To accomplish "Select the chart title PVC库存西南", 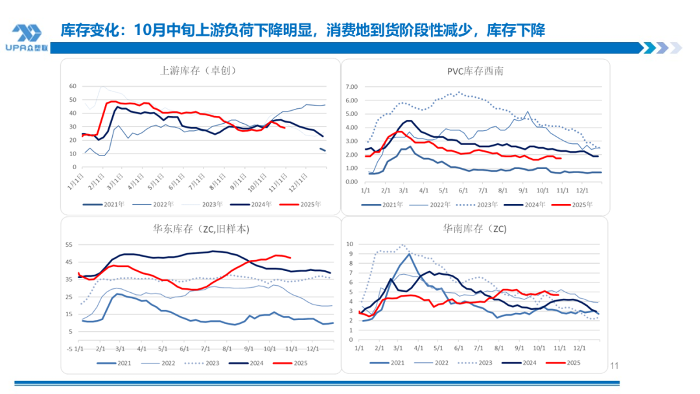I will click(474, 71).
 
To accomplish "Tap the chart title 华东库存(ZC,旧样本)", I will click(200, 229).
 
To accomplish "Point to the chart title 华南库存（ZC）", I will click(474, 228).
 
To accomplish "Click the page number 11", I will click(614, 367).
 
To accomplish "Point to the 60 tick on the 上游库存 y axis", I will click(73, 86).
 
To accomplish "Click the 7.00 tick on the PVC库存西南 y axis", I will click(352, 87).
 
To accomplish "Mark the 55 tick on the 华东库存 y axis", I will click(70, 244).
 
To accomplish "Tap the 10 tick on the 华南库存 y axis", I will click(351, 244).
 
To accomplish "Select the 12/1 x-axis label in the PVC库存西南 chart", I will click(582, 191).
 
